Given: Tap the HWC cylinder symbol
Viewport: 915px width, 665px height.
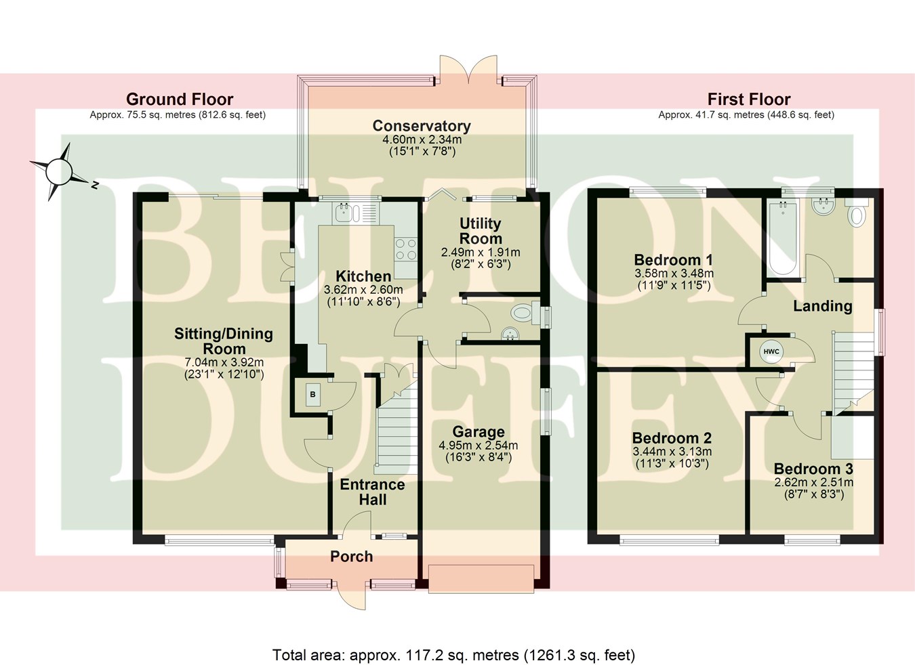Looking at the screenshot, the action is pyautogui.click(x=771, y=351).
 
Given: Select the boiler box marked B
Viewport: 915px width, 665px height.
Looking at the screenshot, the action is pyautogui.click(x=313, y=394).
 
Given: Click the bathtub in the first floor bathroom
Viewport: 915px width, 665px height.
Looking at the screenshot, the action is pyautogui.click(x=783, y=237).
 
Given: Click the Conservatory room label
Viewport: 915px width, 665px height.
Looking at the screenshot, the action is pyautogui.click(x=421, y=126).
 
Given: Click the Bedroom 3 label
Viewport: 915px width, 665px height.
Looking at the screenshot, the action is pyautogui.click(x=813, y=469).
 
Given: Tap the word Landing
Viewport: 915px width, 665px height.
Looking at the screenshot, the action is pyautogui.click(x=822, y=306).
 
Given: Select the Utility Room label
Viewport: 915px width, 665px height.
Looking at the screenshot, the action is pyautogui.click(x=481, y=230).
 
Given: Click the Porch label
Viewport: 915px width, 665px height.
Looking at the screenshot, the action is pyautogui.click(x=351, y=557).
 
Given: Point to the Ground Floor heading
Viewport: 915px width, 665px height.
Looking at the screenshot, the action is pyautogui.click(x=180, y=100).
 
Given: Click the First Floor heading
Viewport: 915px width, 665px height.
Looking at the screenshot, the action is pyautogui.click(x=749, y=100).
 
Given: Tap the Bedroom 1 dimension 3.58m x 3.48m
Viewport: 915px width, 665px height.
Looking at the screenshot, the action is pyautogui.click(x=674, y=274).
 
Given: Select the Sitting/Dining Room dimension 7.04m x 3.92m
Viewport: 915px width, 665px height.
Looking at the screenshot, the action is pyautogui.click(x=224, y=362).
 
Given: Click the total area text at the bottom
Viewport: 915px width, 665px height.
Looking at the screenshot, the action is pyautogui.click(x=453, y=655).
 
